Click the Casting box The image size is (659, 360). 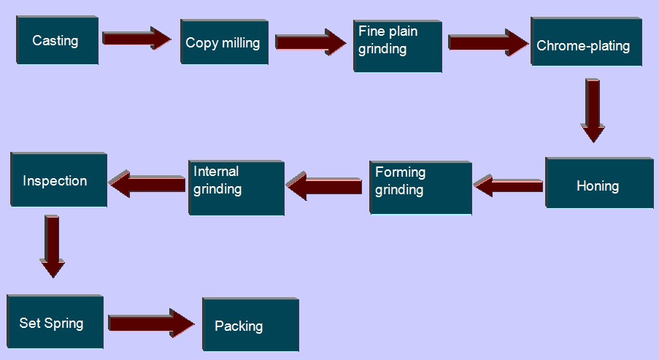56,41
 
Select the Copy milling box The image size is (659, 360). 223,42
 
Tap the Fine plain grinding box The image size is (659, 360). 397,46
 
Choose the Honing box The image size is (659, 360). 598,183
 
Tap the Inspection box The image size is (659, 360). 58,180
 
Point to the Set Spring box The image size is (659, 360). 54,323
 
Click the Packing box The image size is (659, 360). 250,325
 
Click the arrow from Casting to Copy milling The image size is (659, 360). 136,38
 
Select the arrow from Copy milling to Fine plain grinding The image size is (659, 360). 311,41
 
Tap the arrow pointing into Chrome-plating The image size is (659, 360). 487,42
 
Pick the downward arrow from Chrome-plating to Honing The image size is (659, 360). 593,110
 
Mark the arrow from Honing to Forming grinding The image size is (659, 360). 509,185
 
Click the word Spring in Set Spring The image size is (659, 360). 64,323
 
